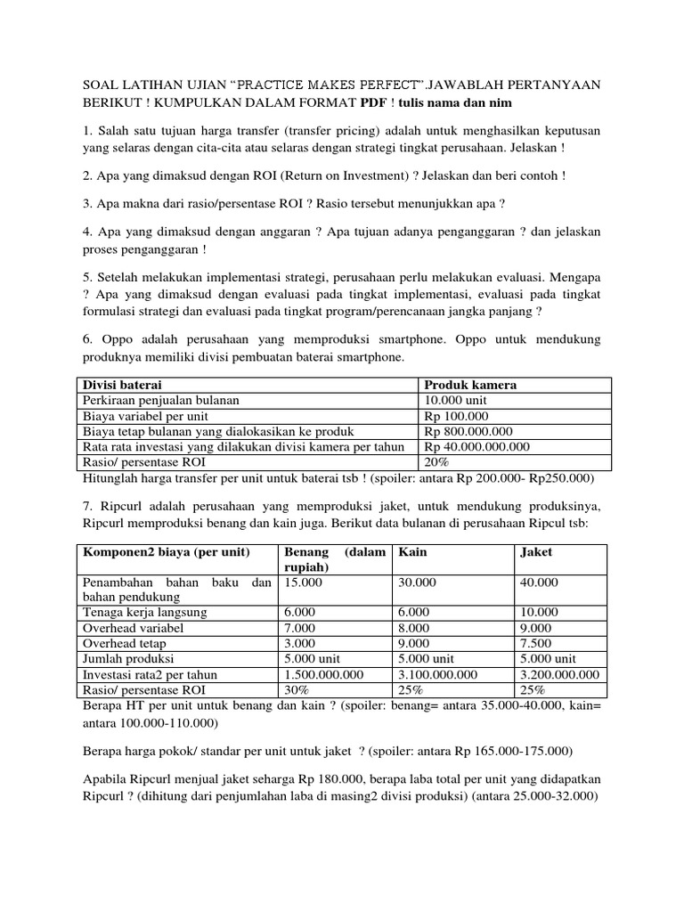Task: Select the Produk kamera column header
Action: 470,385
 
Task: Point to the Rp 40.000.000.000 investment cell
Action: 476,446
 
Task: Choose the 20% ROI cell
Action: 438,462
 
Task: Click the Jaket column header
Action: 535,551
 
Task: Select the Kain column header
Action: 412,551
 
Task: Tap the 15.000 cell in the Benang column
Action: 303,582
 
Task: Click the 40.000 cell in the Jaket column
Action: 539,582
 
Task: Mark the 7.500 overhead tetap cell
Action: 535,643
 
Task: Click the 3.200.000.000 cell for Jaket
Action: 558,674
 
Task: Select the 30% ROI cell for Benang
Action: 297,689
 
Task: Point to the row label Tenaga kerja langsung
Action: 144,612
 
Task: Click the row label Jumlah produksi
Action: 129,658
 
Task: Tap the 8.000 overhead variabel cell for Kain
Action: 414,627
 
